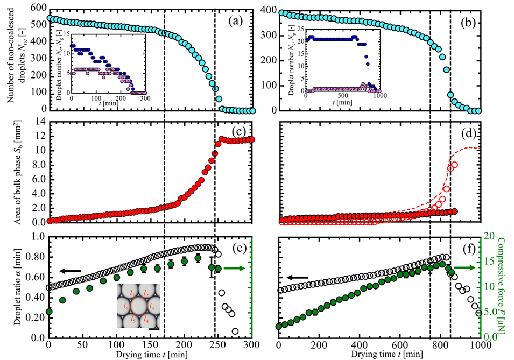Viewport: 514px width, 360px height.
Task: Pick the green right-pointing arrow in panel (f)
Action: click(463, 267)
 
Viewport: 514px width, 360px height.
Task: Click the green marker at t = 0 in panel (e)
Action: click(49, 312)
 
